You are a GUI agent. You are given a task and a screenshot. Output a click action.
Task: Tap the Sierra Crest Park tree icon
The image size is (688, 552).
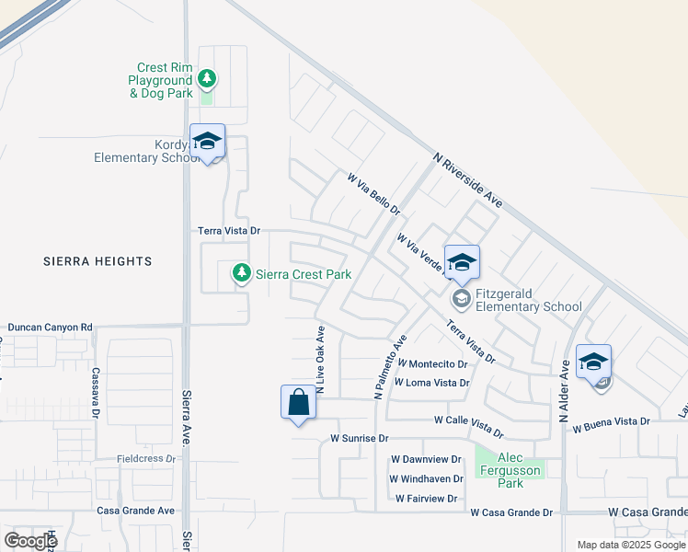[x=242, y=272]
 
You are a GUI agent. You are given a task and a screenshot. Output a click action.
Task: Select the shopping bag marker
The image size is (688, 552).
[x=297, y=403]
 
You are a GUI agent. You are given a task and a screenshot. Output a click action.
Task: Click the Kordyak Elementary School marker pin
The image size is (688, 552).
[x=208, y=142]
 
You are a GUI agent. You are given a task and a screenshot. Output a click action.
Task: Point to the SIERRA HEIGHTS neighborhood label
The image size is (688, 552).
[x=97, y=261]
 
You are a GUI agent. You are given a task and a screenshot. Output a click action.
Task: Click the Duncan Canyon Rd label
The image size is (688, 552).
[x=51, y=327]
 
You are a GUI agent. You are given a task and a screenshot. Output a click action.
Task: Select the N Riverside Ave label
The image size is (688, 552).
[x=468, y=179]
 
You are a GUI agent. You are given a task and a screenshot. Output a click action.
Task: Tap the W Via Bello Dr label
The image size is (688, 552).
[x=373, y=192]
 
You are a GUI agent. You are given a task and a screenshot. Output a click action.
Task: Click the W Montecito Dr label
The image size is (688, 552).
[x=433, y=364]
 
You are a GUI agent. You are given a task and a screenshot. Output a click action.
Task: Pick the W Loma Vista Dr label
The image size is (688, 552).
[x=431, y=383]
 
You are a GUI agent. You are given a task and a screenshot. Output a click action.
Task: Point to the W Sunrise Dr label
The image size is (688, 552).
[x=361, y=439]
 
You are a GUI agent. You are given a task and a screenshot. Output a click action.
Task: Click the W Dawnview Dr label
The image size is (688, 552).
[x=425, y=459]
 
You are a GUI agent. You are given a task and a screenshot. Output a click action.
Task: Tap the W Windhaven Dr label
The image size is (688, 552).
[x=426, y=478]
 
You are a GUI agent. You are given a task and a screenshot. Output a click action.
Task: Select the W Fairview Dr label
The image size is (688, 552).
[x=426, y=499]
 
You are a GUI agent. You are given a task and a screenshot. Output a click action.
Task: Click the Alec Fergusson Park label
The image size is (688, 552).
[x=510, y=470]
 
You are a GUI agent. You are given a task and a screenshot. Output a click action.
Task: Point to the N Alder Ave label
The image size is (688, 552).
[x=563, y=392]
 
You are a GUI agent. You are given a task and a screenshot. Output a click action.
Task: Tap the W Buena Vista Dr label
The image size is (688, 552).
[x=611, y=424]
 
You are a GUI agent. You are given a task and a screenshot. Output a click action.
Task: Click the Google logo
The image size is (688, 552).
[x=29, y=540]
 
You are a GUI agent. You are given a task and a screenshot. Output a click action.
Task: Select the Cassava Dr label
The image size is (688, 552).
[x=96, y=394]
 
